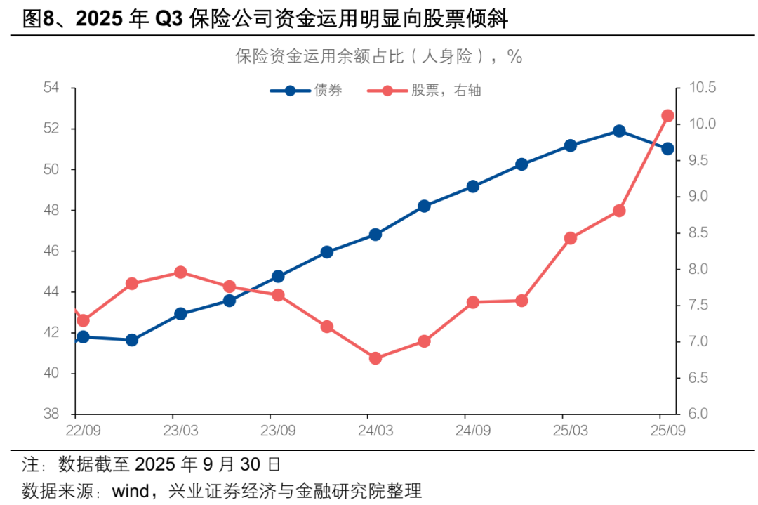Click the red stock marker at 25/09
[667, 116]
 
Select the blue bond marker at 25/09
[667, 148]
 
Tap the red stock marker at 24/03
[375, 358]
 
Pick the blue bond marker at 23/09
[278, 276]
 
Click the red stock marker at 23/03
[180, 272]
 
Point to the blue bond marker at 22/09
[83, 337]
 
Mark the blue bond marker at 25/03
[570, 145]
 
